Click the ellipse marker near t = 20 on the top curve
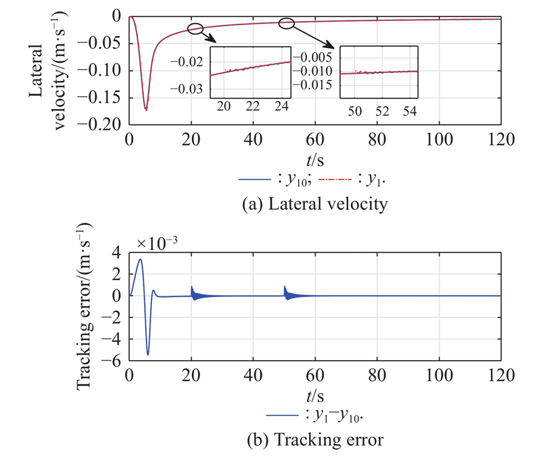[195, 28]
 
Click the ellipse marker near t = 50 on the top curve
[287, 23]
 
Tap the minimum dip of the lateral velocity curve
[145, 109]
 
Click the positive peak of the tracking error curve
[140, 259]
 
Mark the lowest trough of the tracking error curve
[148, 354]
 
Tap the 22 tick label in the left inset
[253, 107]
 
